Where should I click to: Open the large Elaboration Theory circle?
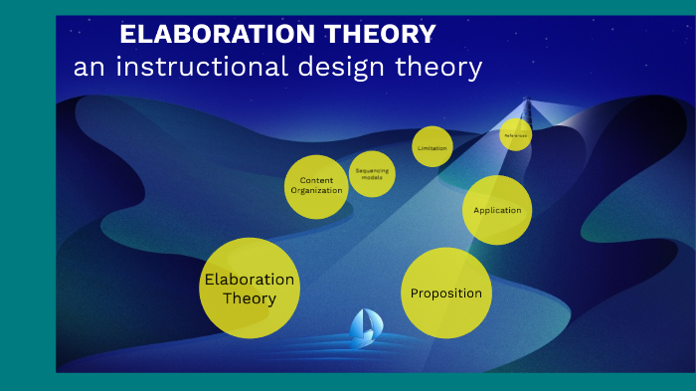point(249,289)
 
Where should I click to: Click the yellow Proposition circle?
point(446,293)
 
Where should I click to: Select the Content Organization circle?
point(316,186)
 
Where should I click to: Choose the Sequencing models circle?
point(372,173)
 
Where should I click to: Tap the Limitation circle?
point(433,147)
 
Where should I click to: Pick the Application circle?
point(497,210)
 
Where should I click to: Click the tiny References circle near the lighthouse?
point(515,134)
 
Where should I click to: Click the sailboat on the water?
point(363,328)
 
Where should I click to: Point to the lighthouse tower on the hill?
point(527,109)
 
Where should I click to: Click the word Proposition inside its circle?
point(446,293)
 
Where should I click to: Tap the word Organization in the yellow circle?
point(316,190)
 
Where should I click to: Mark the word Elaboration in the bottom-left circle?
point(249,280)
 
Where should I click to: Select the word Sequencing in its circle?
point(372,170)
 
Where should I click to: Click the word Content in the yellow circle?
point(316,180)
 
